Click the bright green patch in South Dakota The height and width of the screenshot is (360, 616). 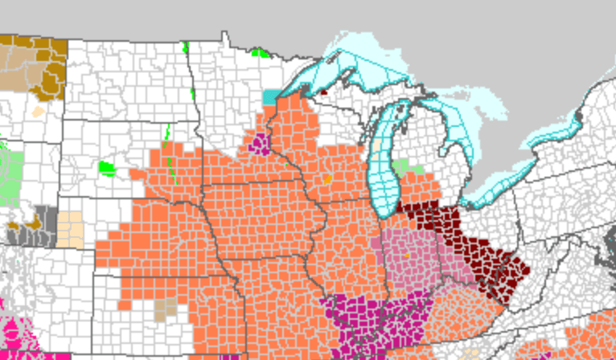pos(107,168)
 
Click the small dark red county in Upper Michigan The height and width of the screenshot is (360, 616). pos(323,91)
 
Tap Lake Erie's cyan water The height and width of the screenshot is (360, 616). pos(499,181)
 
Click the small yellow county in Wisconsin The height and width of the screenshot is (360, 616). pos(328,178)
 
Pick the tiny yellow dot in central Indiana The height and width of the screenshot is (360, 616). pos(408,256)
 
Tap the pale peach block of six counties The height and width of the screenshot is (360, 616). pos(70,229)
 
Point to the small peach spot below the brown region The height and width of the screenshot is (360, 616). pos(37,112)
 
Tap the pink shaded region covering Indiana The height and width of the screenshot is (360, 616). pos(410,257)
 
